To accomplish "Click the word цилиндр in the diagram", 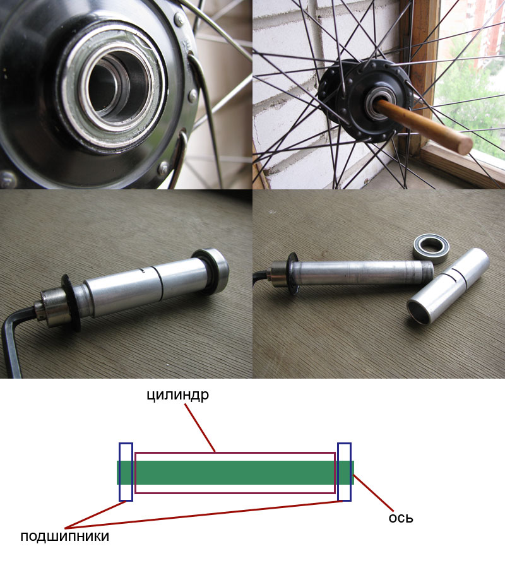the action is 178,395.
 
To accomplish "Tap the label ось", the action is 401,518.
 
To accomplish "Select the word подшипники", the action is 64,536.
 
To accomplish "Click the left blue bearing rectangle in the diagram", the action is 126,471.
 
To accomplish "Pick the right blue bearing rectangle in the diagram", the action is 344,471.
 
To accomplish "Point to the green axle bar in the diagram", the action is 235,472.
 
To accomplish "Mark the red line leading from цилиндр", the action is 200,428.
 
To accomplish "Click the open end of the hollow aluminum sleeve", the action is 420,311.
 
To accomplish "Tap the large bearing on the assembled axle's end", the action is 211,271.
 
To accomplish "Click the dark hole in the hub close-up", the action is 109,85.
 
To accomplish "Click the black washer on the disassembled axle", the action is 293,274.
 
